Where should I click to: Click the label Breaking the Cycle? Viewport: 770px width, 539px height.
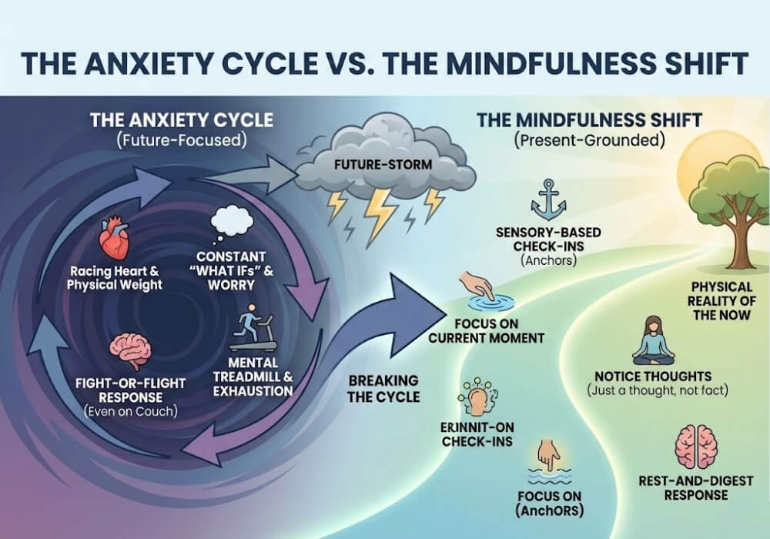click(x=383, y=388)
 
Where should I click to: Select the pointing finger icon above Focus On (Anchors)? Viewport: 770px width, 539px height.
click(x=549, y=457)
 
